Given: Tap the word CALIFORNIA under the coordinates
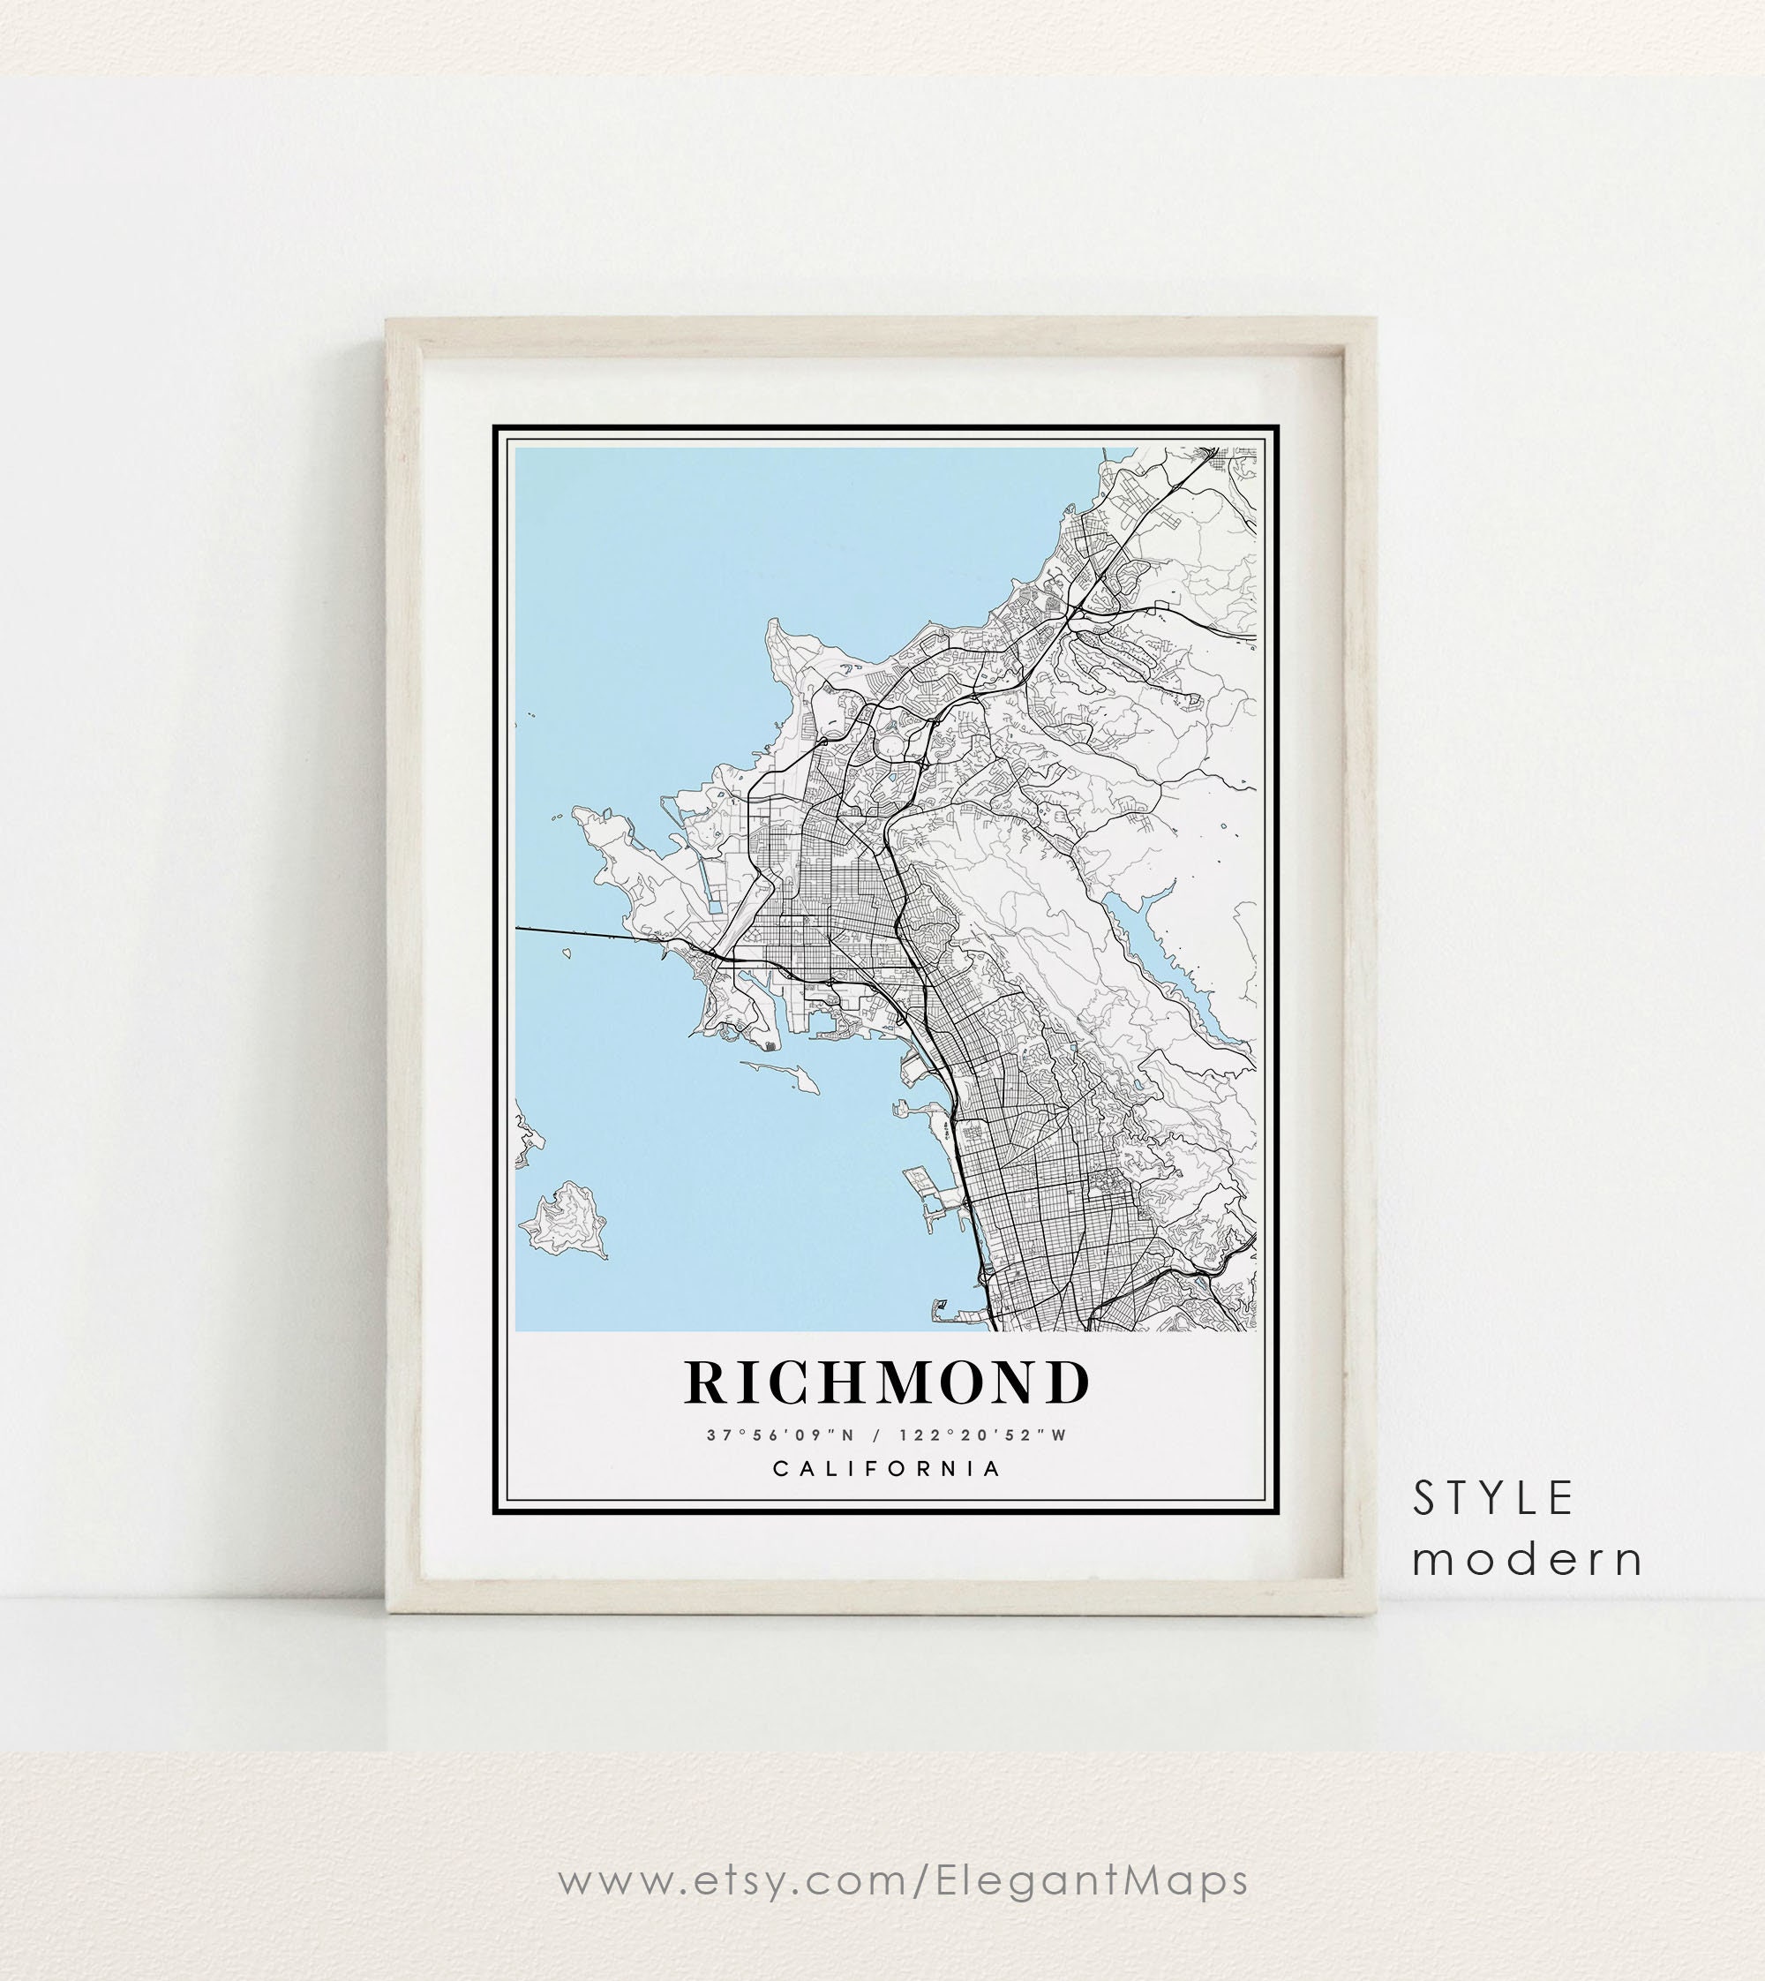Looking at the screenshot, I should click(x=887, y=1468).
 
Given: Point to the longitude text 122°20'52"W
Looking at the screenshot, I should click(x=982, y=1435).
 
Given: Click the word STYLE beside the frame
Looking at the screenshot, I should click(x=1492, y=1499).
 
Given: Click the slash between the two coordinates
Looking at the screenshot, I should click(x=876, y=1435).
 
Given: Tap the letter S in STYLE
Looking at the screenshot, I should click(x=1423, y=1499).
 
